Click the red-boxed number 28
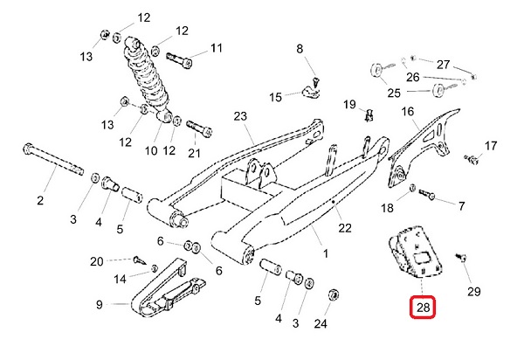(x=424, y=308)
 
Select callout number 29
(x=474, y=291)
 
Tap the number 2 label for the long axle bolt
(x=40, y=202)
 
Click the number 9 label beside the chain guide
(x=99, y=305)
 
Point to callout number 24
(x=321, y=324)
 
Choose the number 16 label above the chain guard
(x=408, y=111)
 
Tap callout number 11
(x=216, y=47)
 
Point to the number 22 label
(x=345, y=228)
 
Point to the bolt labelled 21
(x=197, y=126)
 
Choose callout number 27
(x=444, y=65)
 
